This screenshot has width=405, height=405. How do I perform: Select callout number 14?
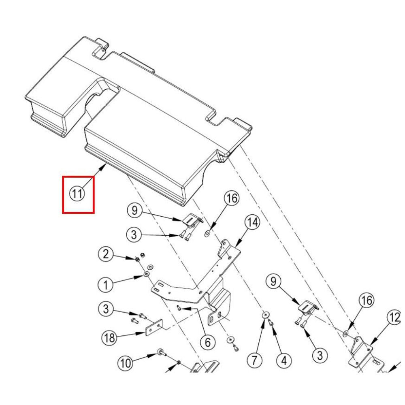[x=253, y=223]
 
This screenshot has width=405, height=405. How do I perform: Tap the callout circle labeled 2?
[x=106, y=254]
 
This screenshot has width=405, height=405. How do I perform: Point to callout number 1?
[x=106, y=285]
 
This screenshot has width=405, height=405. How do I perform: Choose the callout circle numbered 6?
[x=207, y=343]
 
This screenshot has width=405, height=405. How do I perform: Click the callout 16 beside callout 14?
[x=232, y=199]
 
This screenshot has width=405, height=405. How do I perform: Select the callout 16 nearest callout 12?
[x=367, y=301]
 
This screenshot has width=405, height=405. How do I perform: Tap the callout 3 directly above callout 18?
[x=106, y=309]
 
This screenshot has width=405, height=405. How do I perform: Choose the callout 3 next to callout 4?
[x=320, y=356]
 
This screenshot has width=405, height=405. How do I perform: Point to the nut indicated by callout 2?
[x=138, y=258]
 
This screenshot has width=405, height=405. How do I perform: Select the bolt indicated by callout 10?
[x=160, y=352]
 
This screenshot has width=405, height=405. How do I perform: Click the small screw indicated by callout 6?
[x=179, y=309]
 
